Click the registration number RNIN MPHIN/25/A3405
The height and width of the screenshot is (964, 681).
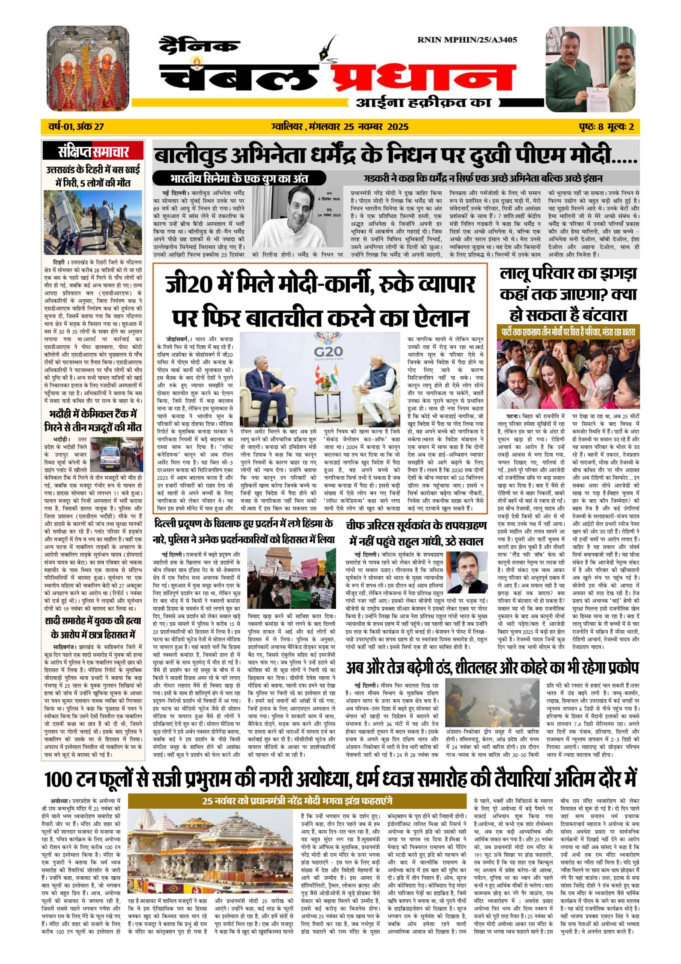pos(467,40)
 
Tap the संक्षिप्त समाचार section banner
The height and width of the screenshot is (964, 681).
pos(94,152)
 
